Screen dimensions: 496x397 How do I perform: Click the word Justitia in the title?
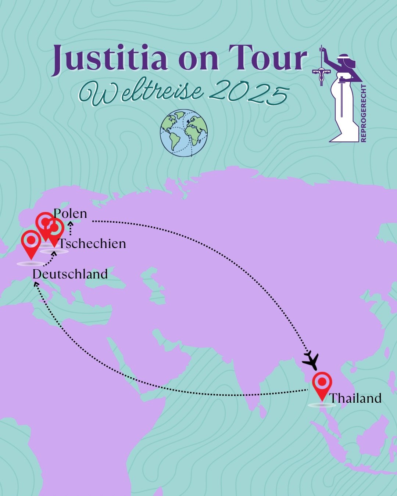click(x=109, y=59)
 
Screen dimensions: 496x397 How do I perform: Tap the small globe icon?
click(x=184, y=133)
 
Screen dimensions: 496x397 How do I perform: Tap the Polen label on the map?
click(x=71, y=213)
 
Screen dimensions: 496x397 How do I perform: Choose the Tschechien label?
click(x=93, y=244)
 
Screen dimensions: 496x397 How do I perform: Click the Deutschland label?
click(x=70, y=274)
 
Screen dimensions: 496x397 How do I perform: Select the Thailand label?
click(x=355, y=398)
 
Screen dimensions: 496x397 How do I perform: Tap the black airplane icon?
click(x=311, y=360)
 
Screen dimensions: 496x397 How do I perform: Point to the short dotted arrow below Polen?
click(x=70, y=229)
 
